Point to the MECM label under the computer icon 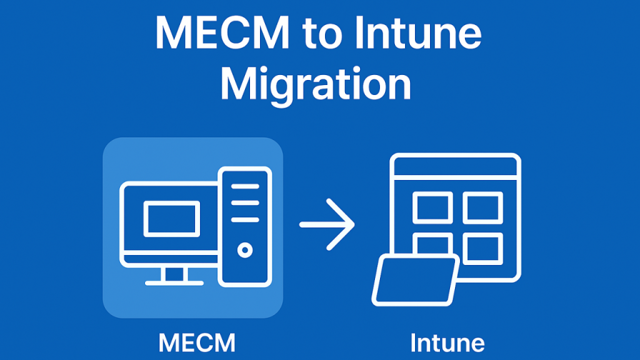point(197,343)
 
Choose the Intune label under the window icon point(447,343)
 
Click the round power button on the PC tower point(245,251)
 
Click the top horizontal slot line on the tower point(245,186)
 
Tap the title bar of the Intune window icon point(455,165)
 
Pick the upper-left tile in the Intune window point(432,207)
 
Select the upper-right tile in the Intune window point(482,207)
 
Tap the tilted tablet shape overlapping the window point(414,280)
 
